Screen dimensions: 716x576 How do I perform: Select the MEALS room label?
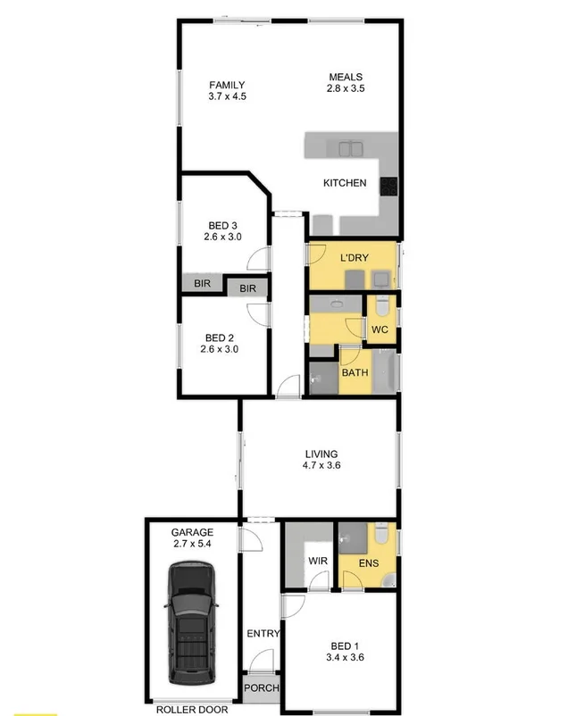tap(345, 77)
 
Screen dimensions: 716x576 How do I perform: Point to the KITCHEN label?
tap(345, 183)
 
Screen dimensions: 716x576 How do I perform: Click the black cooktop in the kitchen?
tap(389, 186)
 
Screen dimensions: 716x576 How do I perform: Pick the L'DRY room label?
tap(355, 258)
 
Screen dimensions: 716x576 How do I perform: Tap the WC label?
tap(380, 329)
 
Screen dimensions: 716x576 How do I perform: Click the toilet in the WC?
tap(381, 306)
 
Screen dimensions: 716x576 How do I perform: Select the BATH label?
tap(355, 372)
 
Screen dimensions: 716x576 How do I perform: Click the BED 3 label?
tap(223, 226)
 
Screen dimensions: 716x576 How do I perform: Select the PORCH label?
tap(262, 688)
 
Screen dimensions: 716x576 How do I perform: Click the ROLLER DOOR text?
tap(192, 710)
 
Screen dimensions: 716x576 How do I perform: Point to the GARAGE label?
tap(193, 532)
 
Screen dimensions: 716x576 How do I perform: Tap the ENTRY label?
tap(263, 634)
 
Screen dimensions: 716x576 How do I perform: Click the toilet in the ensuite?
tap(381, 534)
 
